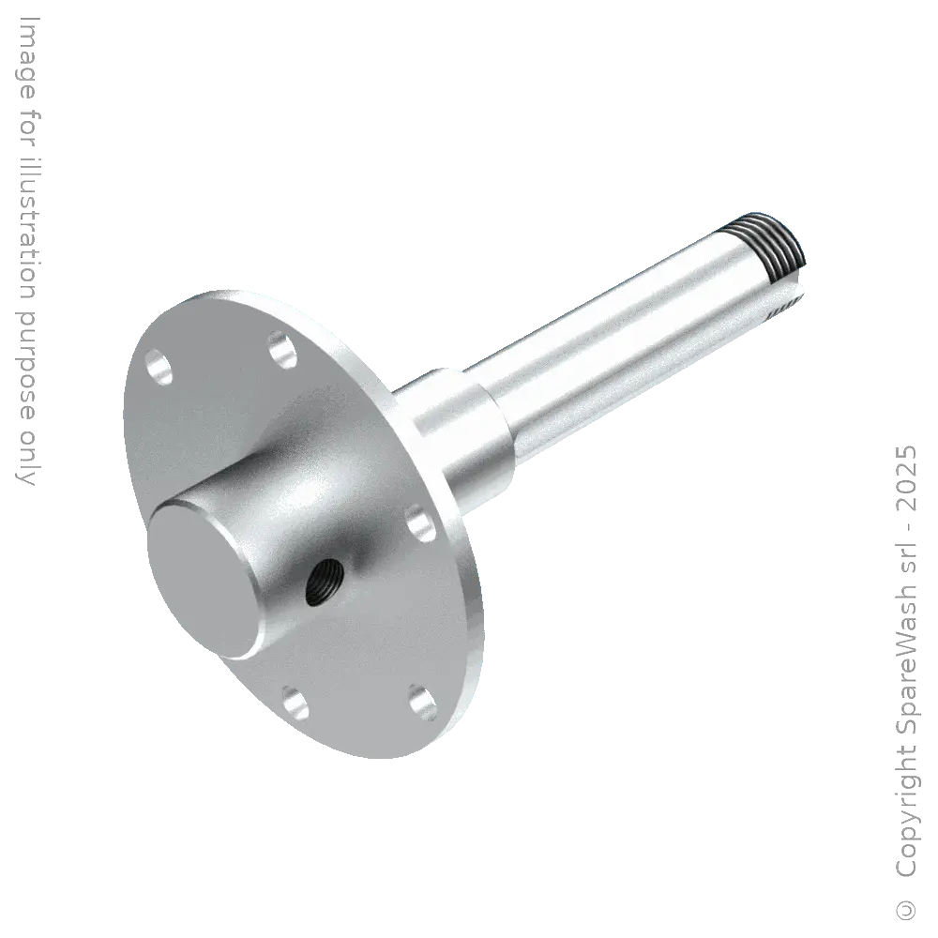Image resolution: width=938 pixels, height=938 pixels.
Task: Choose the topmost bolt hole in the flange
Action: point(279,348)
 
